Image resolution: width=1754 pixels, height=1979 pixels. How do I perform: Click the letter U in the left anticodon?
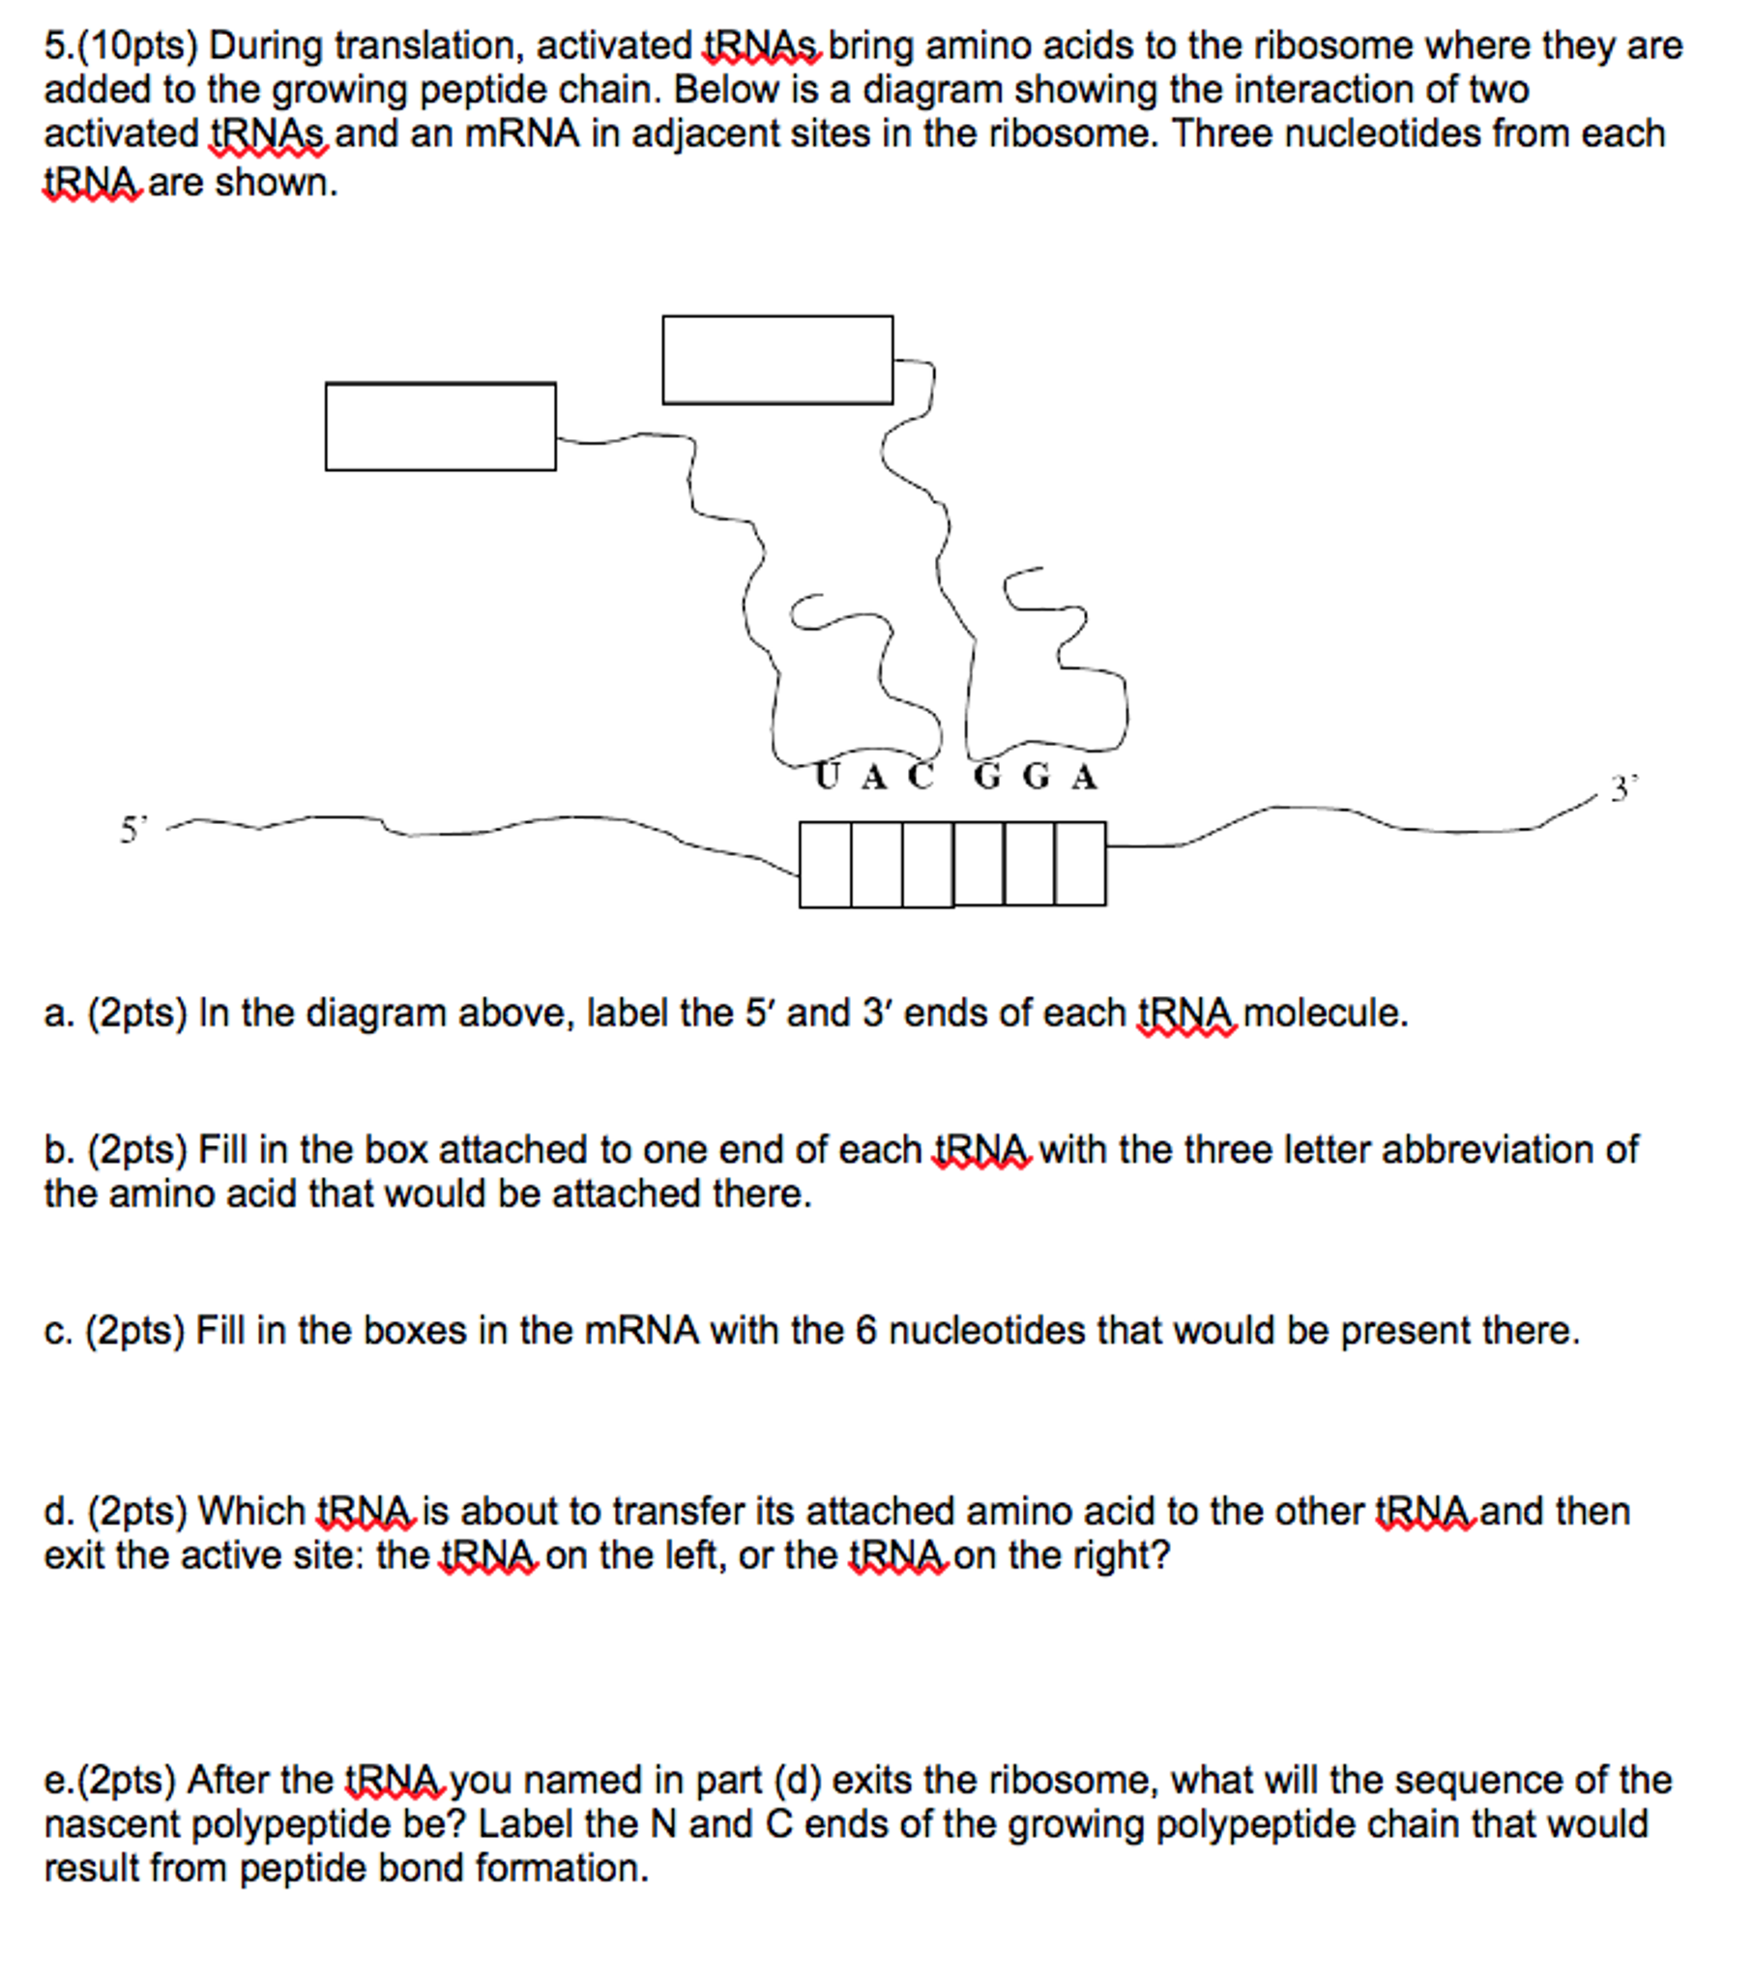[826, 777]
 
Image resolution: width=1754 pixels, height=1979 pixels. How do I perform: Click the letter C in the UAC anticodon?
[921, 777]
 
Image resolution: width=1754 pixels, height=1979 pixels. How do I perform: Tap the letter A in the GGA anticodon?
[1084, 778]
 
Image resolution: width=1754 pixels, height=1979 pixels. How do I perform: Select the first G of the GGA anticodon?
[986, 777]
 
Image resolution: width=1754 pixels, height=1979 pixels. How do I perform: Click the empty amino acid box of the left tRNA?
[441, 427]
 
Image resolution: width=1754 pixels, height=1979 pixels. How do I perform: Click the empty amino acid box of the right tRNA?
[777, 360]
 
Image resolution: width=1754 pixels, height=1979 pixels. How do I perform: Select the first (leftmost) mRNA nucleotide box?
[825, 865]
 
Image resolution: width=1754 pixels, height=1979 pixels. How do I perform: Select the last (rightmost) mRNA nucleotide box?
[1080, 864]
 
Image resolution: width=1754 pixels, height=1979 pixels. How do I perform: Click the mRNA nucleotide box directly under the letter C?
[927, 865]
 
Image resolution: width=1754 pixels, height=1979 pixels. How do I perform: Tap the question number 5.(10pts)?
[121, 45]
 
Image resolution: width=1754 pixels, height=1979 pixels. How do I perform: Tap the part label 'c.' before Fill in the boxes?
[58, 1330]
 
